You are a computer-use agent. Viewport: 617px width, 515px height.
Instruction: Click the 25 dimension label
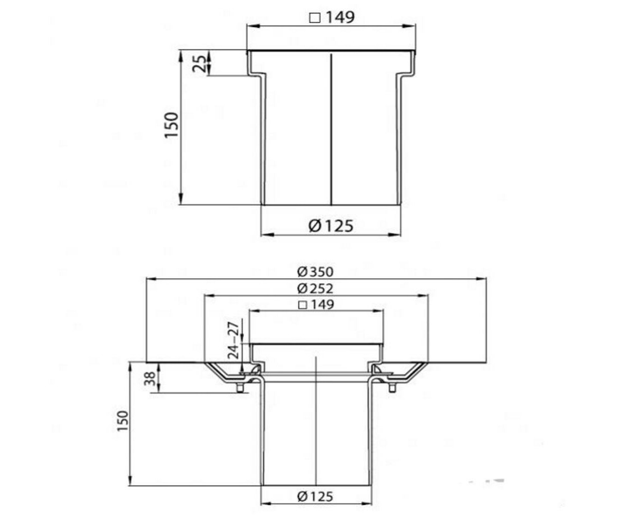tap(200, 64)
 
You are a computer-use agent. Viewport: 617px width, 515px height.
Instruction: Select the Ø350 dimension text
tap(315, 272)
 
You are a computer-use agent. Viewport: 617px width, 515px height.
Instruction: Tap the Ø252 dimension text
tap(315, 288)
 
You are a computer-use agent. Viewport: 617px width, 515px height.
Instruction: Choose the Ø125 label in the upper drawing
tap(331, 226)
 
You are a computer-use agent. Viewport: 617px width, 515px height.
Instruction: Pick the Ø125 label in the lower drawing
tap(315, 496)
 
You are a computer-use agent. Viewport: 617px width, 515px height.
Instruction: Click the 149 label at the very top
tap(340, 17)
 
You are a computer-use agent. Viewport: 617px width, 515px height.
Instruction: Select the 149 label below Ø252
tap(322, 304)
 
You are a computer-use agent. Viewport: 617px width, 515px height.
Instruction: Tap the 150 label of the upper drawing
tap(172, 125)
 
